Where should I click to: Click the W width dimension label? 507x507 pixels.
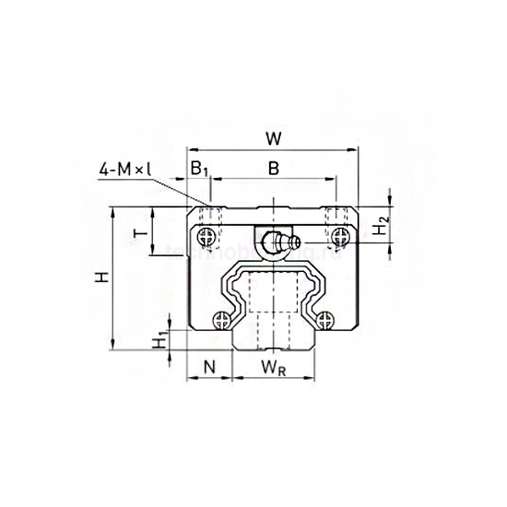272,138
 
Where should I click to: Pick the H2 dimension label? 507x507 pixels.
380,225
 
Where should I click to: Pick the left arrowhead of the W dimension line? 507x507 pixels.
191,150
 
